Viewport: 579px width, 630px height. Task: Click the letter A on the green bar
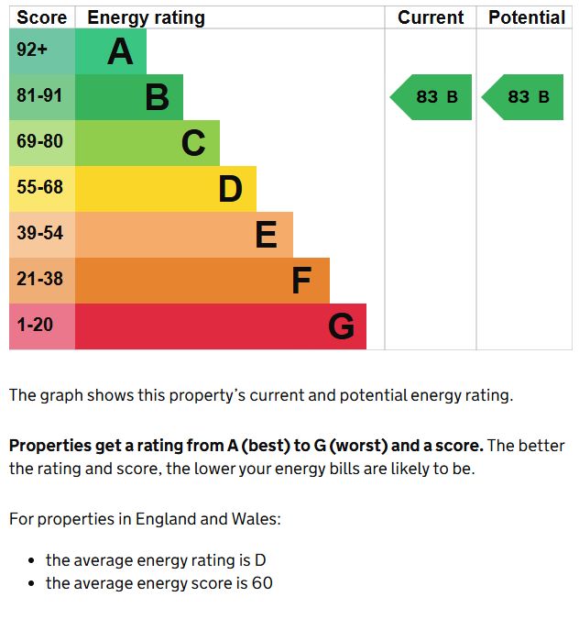(x=120, y=52)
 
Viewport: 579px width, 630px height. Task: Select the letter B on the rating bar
(x=157, y=97)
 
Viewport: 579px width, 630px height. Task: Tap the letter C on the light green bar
(x=193, y=143)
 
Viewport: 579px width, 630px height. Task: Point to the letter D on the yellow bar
(x=230, y=189)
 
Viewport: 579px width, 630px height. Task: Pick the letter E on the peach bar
(x=266, y=235)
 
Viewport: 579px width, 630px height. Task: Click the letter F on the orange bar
(x=301, y=281)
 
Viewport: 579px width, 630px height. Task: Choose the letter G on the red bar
(x=341, y=326)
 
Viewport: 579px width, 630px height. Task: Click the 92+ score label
(x=32, y=50)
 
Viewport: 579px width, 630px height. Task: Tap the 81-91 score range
(x=39, y=96)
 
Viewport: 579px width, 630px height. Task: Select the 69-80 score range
(x=39, y=142)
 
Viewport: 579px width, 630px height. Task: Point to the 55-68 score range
(x=39, y=188)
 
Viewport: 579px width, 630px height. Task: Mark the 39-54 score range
(x=39, y=234)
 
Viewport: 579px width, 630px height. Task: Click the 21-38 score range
(x=39, y=280)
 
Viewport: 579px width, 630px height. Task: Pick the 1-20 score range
(x=35, y=326)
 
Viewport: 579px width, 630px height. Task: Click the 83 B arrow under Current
(x=432, y=97)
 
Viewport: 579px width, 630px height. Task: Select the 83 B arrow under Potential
(x=524, y=97)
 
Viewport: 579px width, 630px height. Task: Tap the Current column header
(x=431, y=17)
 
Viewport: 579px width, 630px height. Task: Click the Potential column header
(x=526, y=17)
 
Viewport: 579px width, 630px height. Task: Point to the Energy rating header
(x=146, y=17)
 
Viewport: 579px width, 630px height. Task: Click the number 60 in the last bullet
(x=262, y=583)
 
